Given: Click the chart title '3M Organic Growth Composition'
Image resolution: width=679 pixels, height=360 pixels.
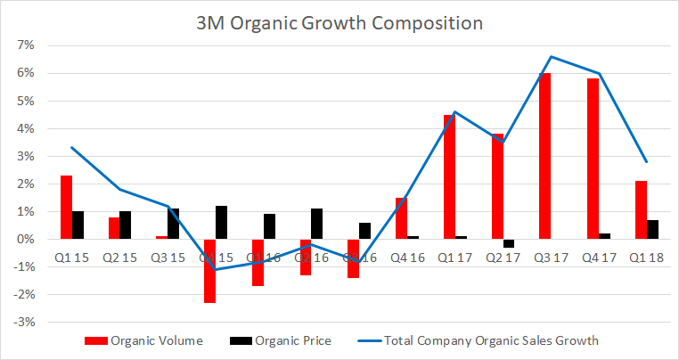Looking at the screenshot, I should pyautogui.click(x=339, y=22).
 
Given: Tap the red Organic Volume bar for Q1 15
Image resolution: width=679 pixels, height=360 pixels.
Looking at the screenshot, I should pyautogui.click(x=66, y=208).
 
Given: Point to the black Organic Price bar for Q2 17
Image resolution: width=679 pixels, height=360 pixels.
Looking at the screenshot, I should pyautogui.click(x=509, y=243).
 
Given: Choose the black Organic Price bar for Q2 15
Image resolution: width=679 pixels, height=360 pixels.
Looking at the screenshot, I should pyautogui.click(x=126, y=225).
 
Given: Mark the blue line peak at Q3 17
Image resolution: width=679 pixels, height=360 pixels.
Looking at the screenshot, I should pyautogui.click(x=552, y=56).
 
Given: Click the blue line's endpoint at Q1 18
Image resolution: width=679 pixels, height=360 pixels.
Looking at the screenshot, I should pyautogui.click(x=647, y=161).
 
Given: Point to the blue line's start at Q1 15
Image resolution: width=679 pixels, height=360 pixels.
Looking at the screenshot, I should pyautogui.click(x=71, y=147).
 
